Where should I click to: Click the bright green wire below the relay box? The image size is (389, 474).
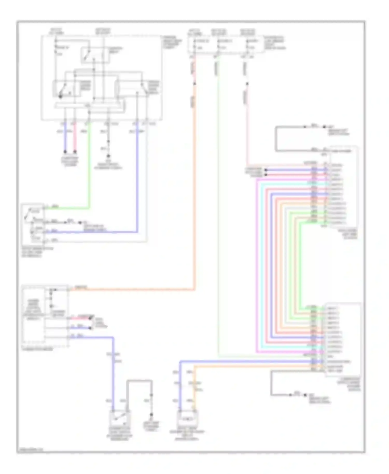tap(90, 169)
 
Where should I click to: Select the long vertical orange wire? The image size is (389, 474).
tap(194, 194)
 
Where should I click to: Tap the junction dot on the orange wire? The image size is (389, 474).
tap(194, 83)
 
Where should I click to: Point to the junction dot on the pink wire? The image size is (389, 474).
tap(247, 84)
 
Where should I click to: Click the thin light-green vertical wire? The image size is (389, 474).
tap(219, 207)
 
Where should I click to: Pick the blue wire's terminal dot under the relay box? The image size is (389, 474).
tap(65, 152)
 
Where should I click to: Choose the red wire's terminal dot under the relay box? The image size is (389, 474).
tap(75, 152)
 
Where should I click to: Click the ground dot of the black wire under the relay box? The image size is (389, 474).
tap(108, 156)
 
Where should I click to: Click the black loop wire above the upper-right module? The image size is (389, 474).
tap(276, 139)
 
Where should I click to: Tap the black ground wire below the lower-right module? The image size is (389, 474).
tap(271, 384)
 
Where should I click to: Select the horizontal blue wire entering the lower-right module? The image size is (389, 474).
tap(246, 361)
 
